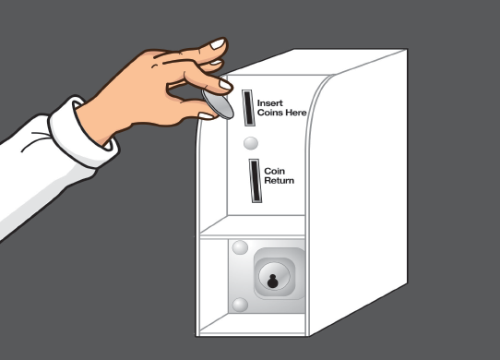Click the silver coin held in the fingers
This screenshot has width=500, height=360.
pyautogui.click(x=218, y=103)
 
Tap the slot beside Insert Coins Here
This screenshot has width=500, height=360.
pyautogui.click(x=248, y=108)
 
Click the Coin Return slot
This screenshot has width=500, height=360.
pyautogui.click(x=255, y=181)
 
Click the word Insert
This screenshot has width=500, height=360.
pyautogui.click(x=269, y=103)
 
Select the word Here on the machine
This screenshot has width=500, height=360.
pyautogui.click(x=296, y=113)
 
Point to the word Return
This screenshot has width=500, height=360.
pyautogui.click(x=279, y=181)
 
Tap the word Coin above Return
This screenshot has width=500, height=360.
pyautogui.click(x=274, y=172)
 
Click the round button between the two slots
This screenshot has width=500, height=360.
pyautogui.click(x=251, y=143)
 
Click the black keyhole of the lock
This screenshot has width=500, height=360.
pyautogui.click(x=272, y=282)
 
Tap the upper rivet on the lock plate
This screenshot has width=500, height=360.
pyautogui.click(x=240, y=247)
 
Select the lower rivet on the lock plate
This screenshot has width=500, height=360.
pyautogui.click(x=240, y=305)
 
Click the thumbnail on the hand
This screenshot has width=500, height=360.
pyautogui.click(x=206, y=115)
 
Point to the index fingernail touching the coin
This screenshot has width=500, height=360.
pyautogui.click(x=225, y=85)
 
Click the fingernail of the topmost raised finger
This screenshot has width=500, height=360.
pyautogui.click(x=218, y=44)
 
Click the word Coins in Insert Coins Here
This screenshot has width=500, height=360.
pyautogui.click(x=270, y=113)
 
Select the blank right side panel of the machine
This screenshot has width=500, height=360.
pyautogui.click(x=357, y=191)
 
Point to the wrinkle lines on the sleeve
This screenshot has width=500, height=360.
pyautogui.click(x=35, y=139)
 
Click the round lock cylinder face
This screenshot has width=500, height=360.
pyautogui.click(x=274, y=275)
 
